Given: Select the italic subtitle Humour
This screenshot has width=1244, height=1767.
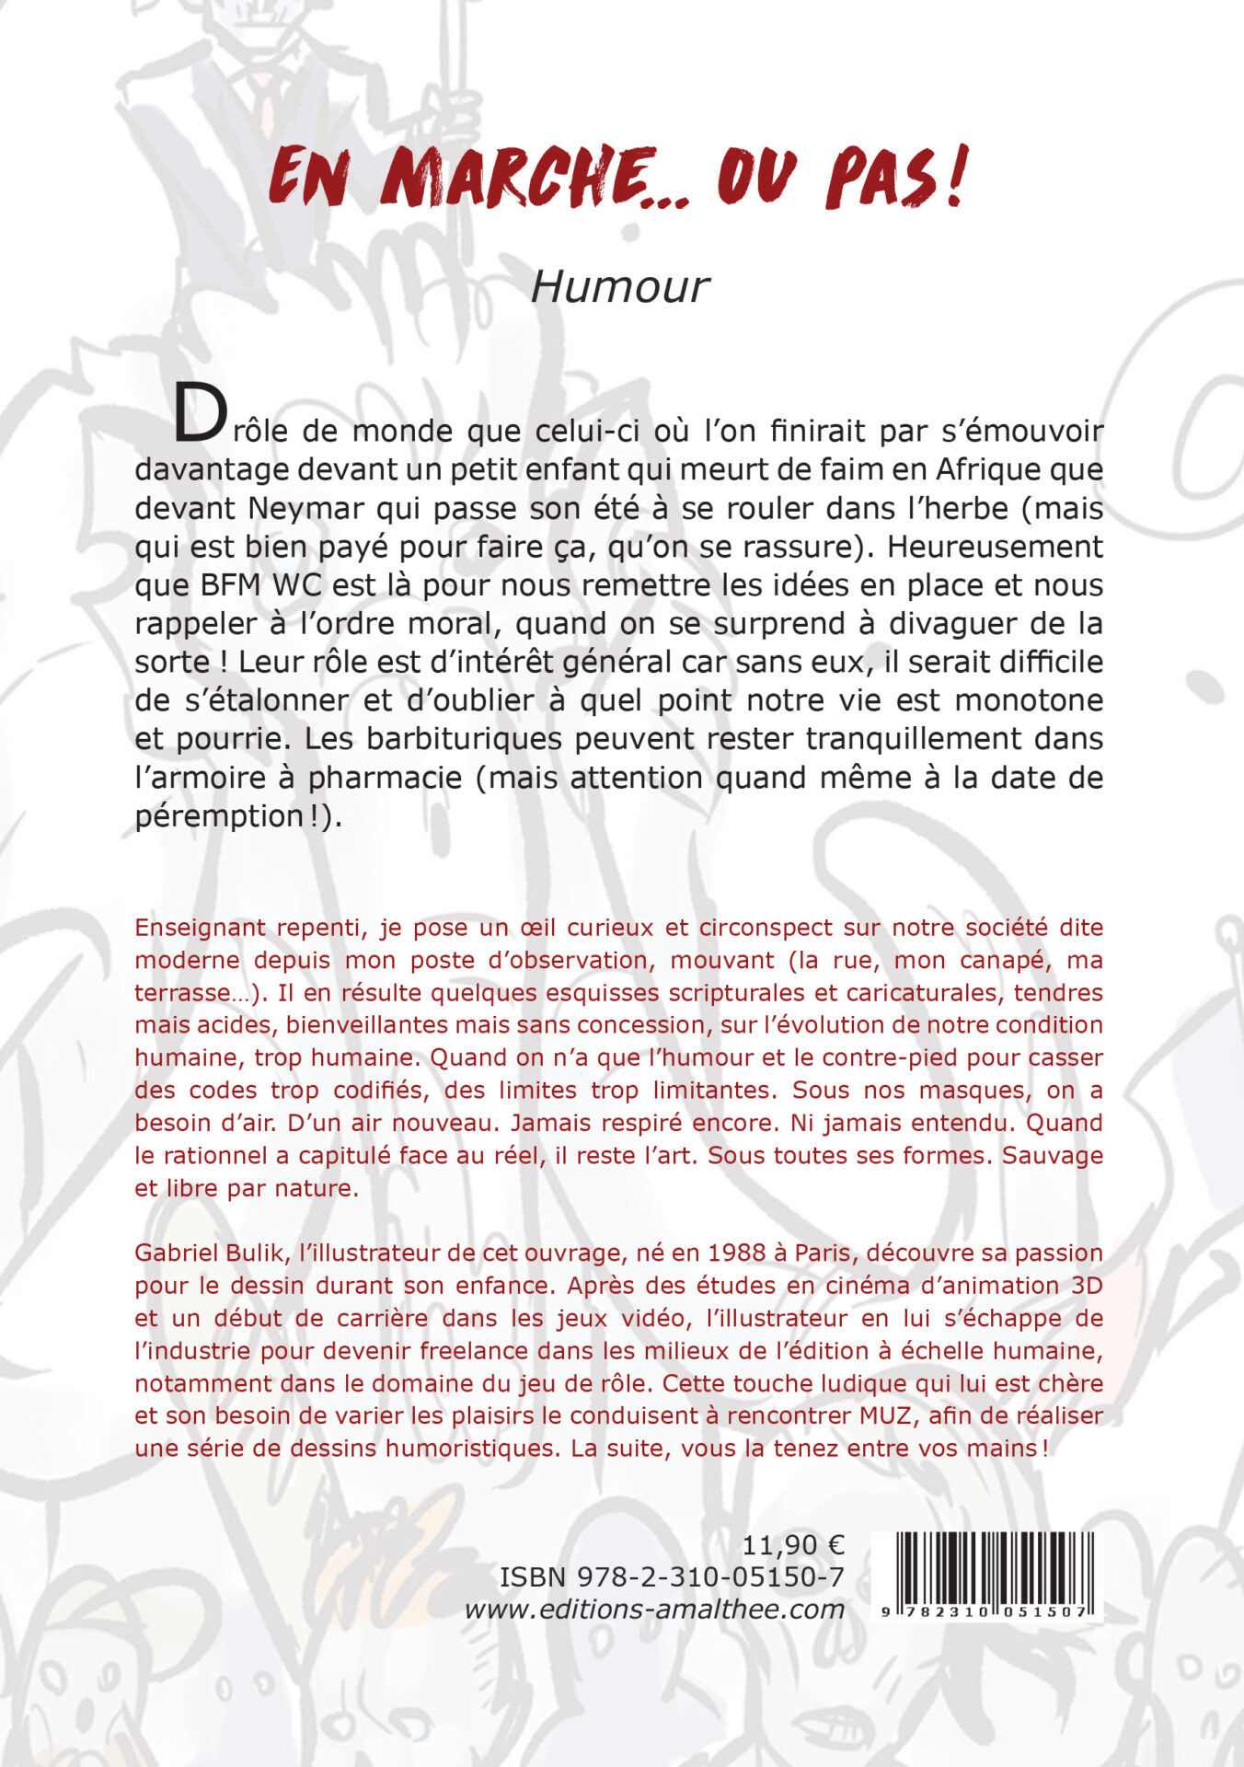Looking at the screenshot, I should pyautogui.click(x=620, y=287).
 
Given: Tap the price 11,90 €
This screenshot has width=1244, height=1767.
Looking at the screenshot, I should pyautogui.click(x=793, y=1544).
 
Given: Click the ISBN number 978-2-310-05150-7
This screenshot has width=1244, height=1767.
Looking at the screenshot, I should pyautogui.click(x=709, y=1577).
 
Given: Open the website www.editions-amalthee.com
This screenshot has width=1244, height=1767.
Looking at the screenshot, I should pyautogui.click(x=654, y=1610).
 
